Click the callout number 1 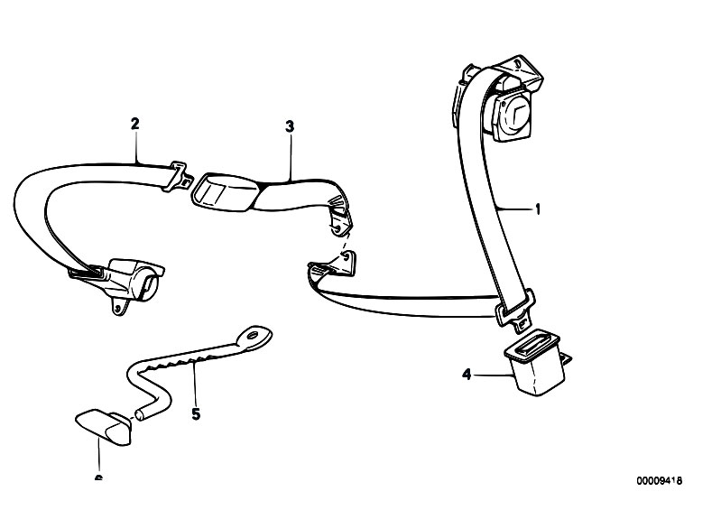[537, 210]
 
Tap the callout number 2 [134, 125]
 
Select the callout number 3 [290, 127]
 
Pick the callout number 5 [196, 416]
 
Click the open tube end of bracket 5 [138, 413]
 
